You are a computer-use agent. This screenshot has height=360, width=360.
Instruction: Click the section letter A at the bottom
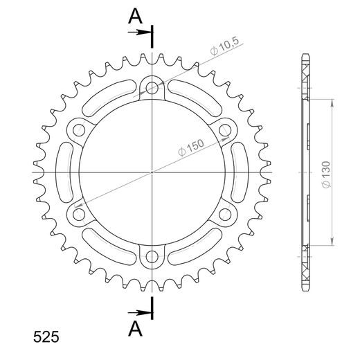(136, 327)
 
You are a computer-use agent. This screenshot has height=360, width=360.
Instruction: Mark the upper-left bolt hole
(79, 129)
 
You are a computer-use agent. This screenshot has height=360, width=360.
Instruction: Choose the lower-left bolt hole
(79, 215)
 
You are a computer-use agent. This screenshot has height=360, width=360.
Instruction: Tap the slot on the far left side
(63, 172)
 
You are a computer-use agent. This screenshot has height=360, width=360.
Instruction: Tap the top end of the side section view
(305, 55)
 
